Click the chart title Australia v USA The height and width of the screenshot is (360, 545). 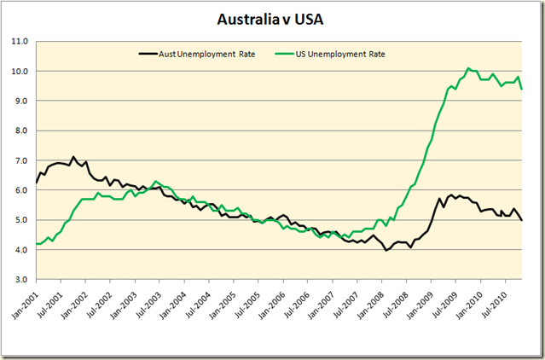pyautogui.click(x=272, y=18)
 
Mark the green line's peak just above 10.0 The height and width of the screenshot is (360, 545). pyautogui.click(x=467, y=68)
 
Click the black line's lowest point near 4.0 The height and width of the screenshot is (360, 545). pyautogui.click(x=386, y=250)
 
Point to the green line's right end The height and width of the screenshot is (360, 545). pyautogui.click(x=521, y=89)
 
